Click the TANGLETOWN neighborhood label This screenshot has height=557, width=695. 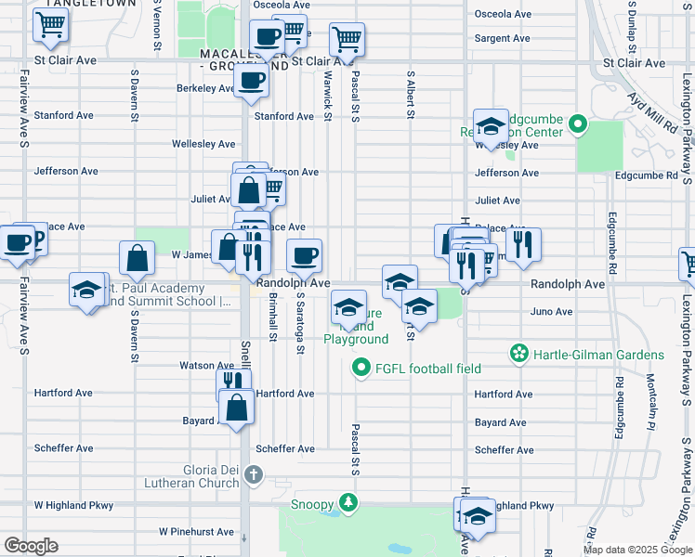point(73,5)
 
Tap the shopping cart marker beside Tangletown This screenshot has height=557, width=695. point(50,26)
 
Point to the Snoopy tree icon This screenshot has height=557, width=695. point(347,504)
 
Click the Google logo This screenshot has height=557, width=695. point(31,546)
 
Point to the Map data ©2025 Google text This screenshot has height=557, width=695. point(636,550)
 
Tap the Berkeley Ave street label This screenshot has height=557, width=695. point(204,89)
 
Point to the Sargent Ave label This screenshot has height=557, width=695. point(502,39)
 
